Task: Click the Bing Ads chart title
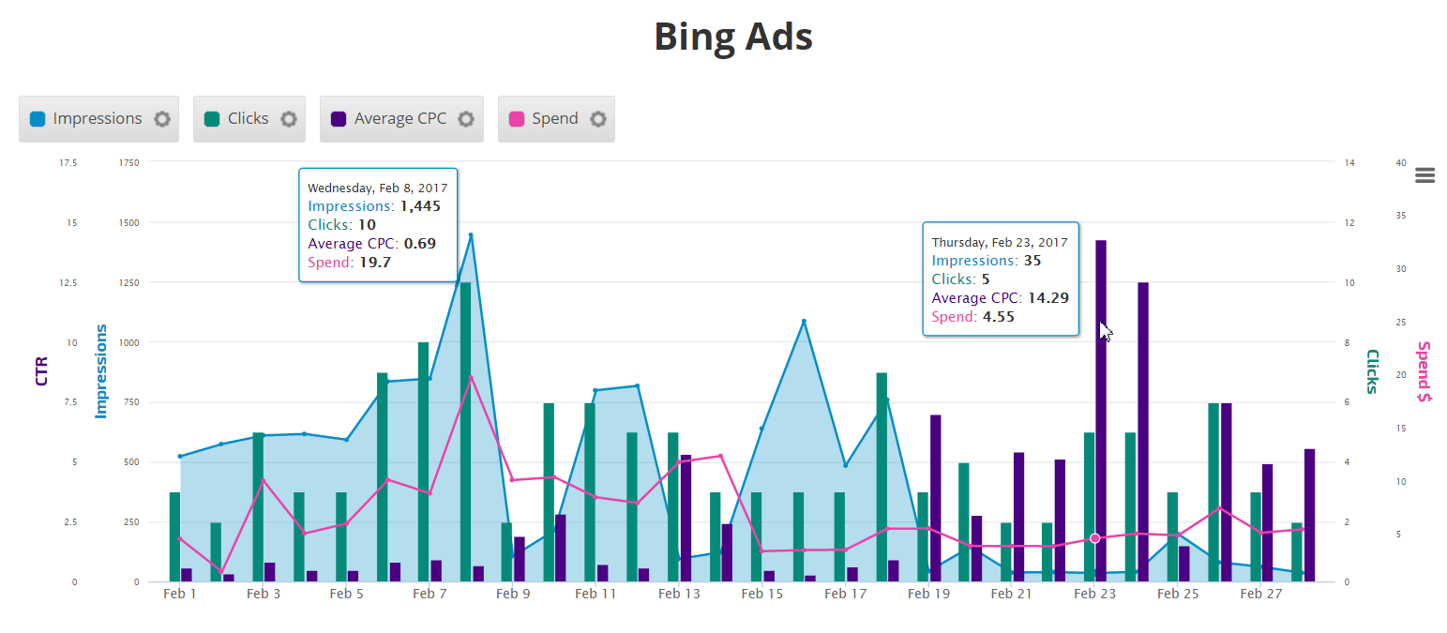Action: point(732,38)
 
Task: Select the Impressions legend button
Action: point(98,119)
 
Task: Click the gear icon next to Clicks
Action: point(289,119)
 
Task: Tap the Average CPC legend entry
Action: point(400,119)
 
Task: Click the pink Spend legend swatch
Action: point(516,119)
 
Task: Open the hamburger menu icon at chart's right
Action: point(1425,175)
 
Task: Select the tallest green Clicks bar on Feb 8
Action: point(465,431)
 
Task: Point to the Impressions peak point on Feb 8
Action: point(471,235)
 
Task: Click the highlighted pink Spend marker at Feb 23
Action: point(1094,538)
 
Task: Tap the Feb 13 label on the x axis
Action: point(679,594)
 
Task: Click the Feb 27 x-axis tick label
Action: point(1261,594)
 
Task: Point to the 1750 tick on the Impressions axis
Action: point(129,163)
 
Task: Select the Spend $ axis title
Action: point(1424,371)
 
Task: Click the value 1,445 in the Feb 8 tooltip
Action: point(418,206)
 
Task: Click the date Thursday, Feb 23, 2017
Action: point(999,242)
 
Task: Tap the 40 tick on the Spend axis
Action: point(1400,163)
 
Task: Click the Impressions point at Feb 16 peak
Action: point(804,322)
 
